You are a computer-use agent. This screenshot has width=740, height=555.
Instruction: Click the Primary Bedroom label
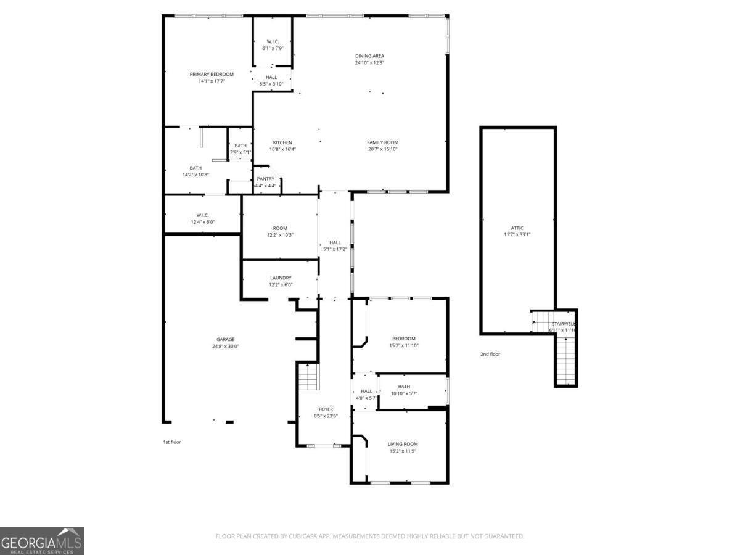(x=212, y=74)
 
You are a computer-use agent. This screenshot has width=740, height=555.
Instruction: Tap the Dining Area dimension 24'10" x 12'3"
(x=369, y=63)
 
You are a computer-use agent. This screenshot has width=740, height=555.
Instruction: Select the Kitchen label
(x=282, y=142)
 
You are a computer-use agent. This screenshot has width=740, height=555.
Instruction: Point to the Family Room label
(x=383, y=142)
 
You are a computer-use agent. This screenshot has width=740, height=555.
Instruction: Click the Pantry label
(x=265, y=179)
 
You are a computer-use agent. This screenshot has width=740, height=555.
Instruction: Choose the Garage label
(x=225, y=339)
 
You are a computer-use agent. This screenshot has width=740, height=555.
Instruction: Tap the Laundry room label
(x=281, y=278)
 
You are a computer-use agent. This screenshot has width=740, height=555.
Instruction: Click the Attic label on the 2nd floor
(x=517, y=228)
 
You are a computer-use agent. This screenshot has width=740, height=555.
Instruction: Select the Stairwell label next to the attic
(x=563, y=324)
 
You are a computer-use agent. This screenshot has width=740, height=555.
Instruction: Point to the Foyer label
(x=326, y=409)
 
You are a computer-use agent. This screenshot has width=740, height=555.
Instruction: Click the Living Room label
(x=403, y=444)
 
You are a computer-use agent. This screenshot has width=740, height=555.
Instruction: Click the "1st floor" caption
(x=172, y=442)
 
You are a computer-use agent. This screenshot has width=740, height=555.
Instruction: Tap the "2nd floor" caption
(x=490, y=355)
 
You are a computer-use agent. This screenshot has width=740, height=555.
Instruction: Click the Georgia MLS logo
(x=42, y=541)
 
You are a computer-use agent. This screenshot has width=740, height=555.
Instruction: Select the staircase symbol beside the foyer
(x=308, y=377)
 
